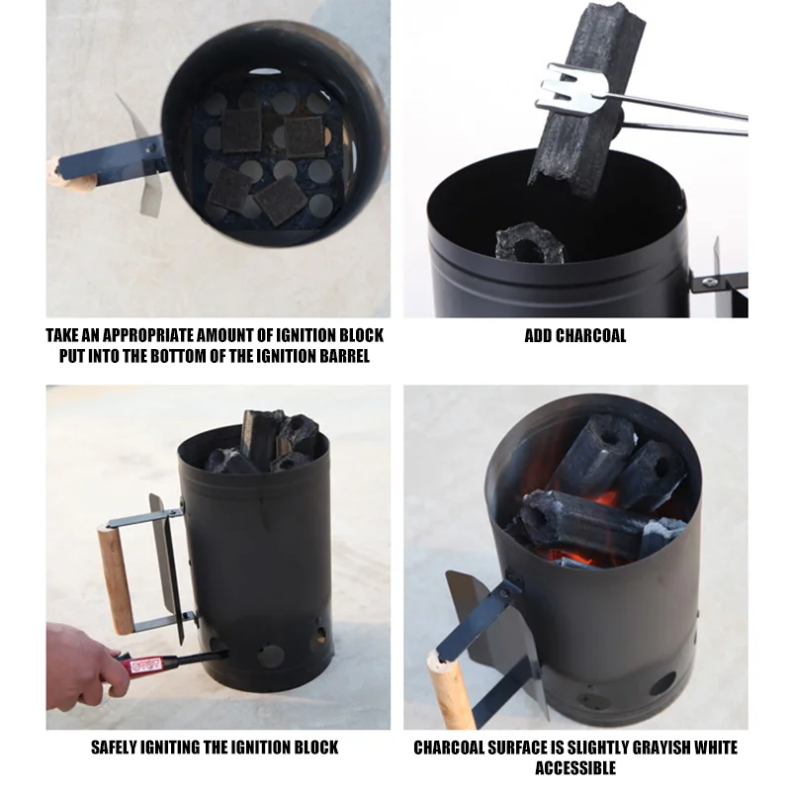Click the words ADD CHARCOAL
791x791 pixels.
click(575, 336)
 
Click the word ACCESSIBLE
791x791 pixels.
click(575, 768)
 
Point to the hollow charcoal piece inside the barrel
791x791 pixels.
click(529, 243)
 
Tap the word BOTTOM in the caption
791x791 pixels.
click(180, 356)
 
